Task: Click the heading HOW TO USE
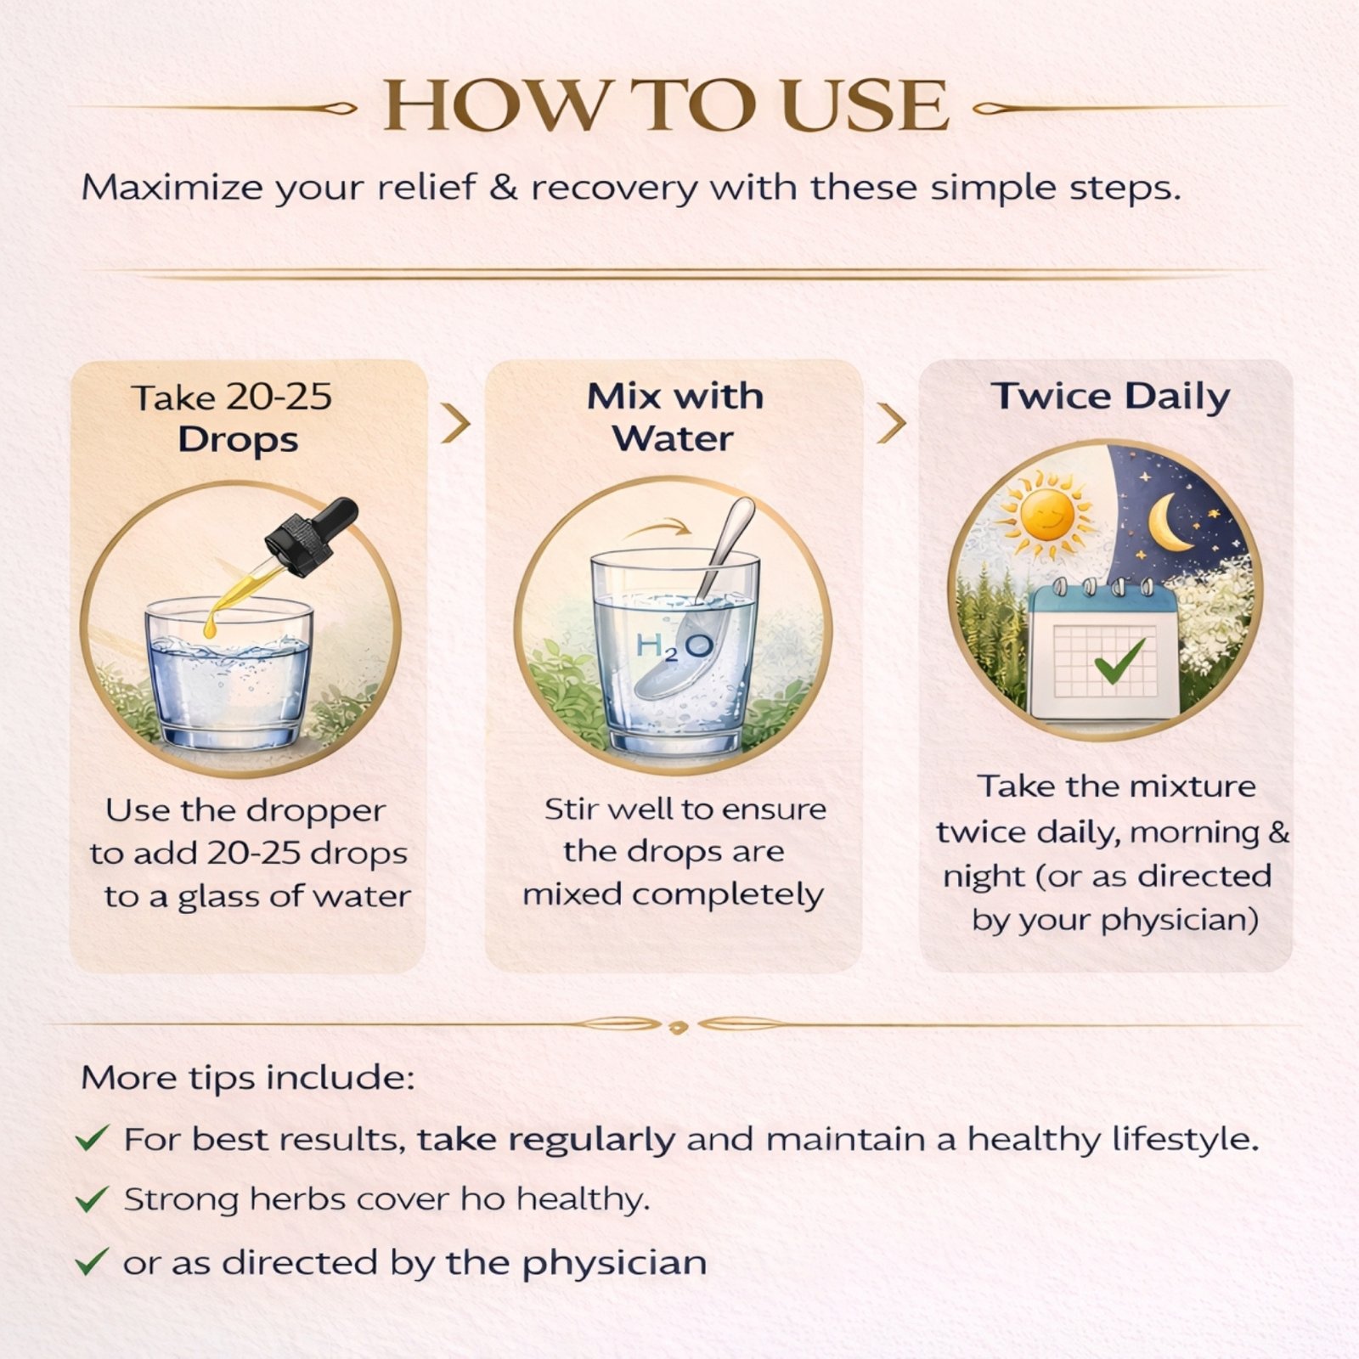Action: tap(666, 105)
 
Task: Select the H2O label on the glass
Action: tap(674, 647)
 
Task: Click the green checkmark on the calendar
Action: tap(1119, 661)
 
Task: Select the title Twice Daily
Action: tap(1110, 397)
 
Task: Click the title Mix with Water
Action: tap(674, 418)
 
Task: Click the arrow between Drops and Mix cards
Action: tap(456, 423)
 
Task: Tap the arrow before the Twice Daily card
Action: tap(891, 423)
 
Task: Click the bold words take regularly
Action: tap(546, 1140)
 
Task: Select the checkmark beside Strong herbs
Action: tap(92, 1199)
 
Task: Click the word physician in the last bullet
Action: tap(614, 1263)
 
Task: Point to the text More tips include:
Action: tap(248, 1077)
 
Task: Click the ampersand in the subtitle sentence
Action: tap(504, 188)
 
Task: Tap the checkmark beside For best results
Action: tap(92, 1137)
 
